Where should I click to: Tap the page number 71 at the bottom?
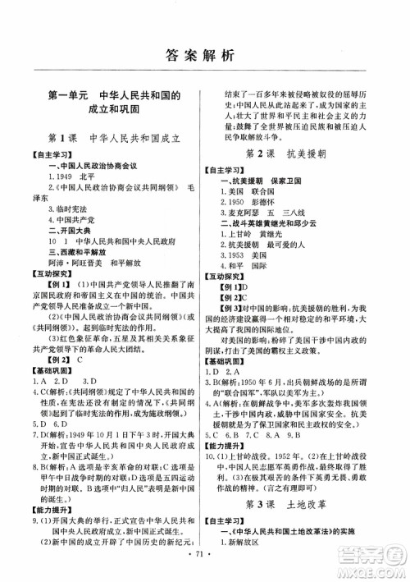(205, 566)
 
